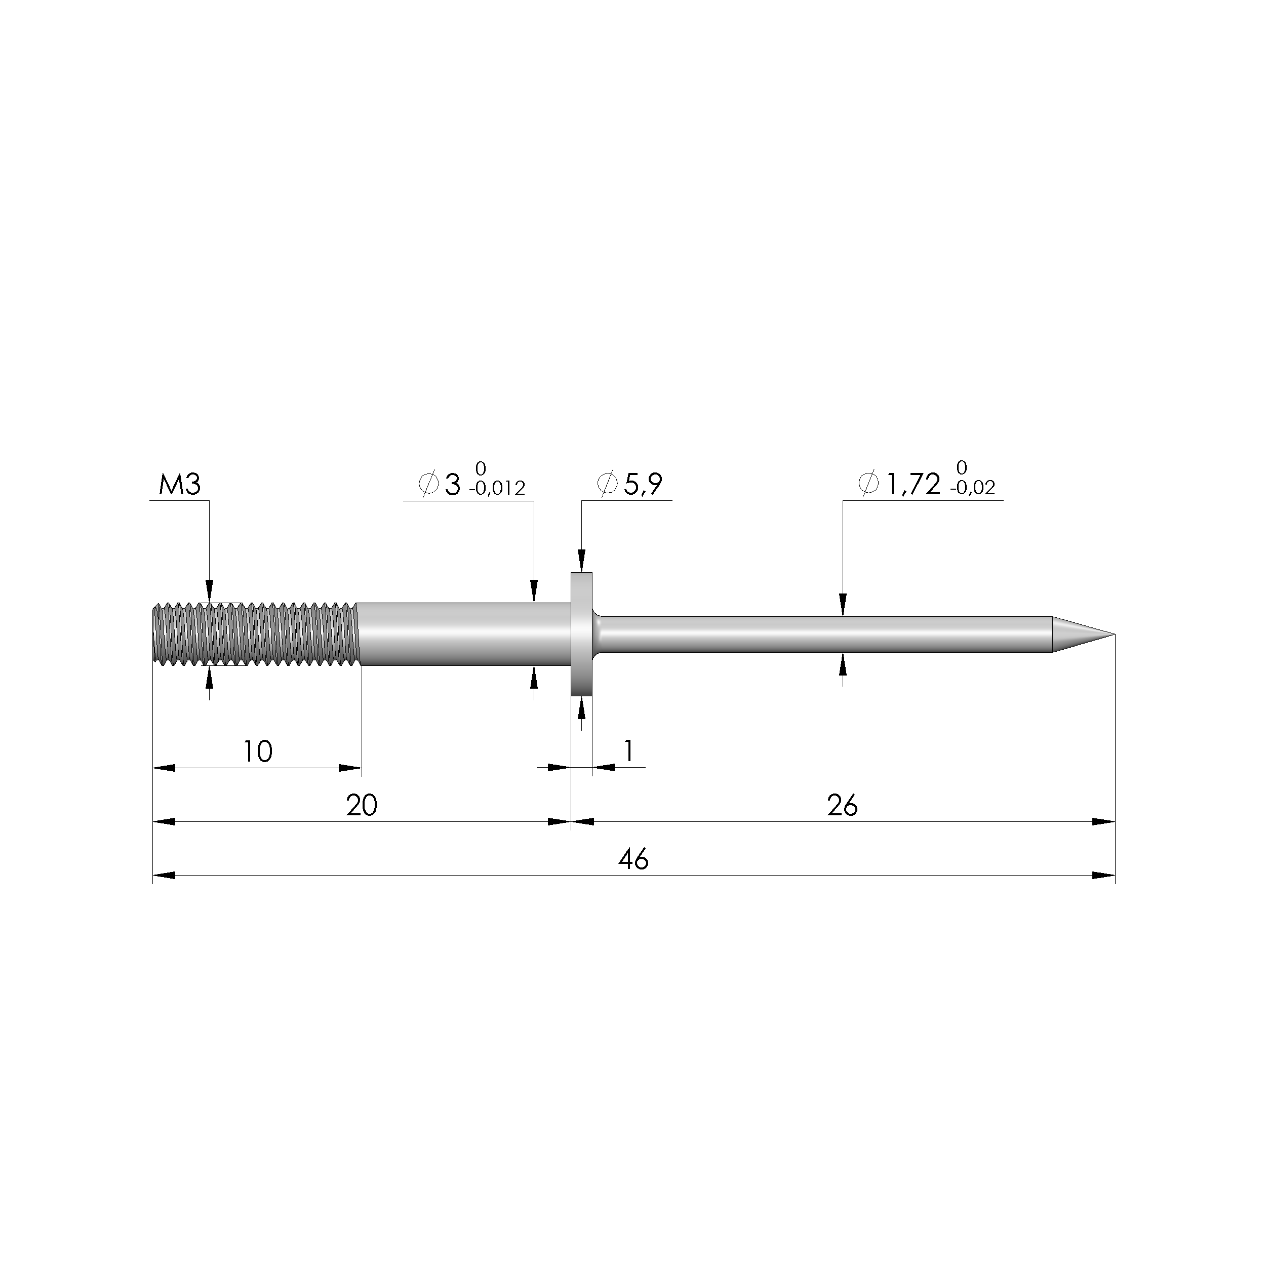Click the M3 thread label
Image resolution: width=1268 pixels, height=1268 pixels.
point(179,485)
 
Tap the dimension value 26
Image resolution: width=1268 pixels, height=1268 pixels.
point(842,805)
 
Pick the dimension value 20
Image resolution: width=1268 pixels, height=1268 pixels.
point(362,805)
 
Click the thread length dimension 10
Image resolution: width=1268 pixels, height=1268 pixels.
point(257,751)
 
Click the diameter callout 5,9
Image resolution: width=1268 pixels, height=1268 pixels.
point(643,484)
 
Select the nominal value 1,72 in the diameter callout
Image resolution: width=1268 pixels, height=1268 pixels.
point(913,484)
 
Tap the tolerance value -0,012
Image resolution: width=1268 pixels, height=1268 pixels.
point(497,488)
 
